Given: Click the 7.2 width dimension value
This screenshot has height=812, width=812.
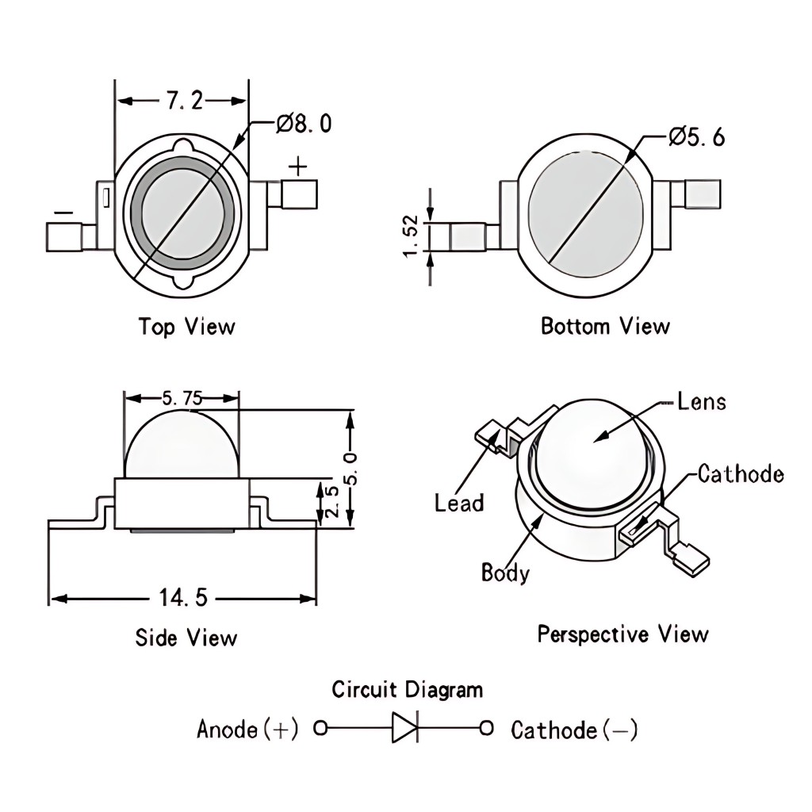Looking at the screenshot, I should pyautogui.click(x=183, y=100).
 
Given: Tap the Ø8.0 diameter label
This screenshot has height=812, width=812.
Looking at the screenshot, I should pyautogui.click(x=304, y=124).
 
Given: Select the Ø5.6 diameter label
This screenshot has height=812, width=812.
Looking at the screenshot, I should pyautogui.click(x=696, y=137).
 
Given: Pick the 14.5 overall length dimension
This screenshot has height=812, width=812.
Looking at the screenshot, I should pyautogui.click(x=183, y=598).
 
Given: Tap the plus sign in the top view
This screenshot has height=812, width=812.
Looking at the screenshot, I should pyautogui.click(x=297, y=167).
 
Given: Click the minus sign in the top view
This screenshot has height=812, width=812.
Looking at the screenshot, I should pyautogui.click(x=63, y=213).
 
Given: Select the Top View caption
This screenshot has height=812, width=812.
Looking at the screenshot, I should pyautogui.click(x=186, y=326).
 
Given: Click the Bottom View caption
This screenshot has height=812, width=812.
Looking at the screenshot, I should pyautogui.click(x=605, y=326).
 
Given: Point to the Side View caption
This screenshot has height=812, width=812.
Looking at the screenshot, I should pyautogui.click(x=186, y=638).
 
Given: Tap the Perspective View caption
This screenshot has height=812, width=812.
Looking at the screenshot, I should pyautogui.click(x=622, y=634).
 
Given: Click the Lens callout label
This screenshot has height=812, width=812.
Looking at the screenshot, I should pyautogui.click(x=702, y=402).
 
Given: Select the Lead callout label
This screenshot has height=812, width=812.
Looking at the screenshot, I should pyautogui.click(x=458, y=503).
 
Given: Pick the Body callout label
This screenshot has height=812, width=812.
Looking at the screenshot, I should pyautogui.click(x=505, y=572).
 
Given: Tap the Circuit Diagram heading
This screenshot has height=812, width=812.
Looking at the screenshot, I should pyautogui.click(x=407, y=690).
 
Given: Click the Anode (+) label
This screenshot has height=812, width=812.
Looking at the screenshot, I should pyautogui.click(x=247, y=729).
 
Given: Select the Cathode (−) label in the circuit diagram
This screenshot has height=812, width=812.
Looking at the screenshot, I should pyautogui.click(x=574, y=730).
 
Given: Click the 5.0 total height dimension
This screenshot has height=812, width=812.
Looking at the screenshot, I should pyautogui.click(x=352, y=467).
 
